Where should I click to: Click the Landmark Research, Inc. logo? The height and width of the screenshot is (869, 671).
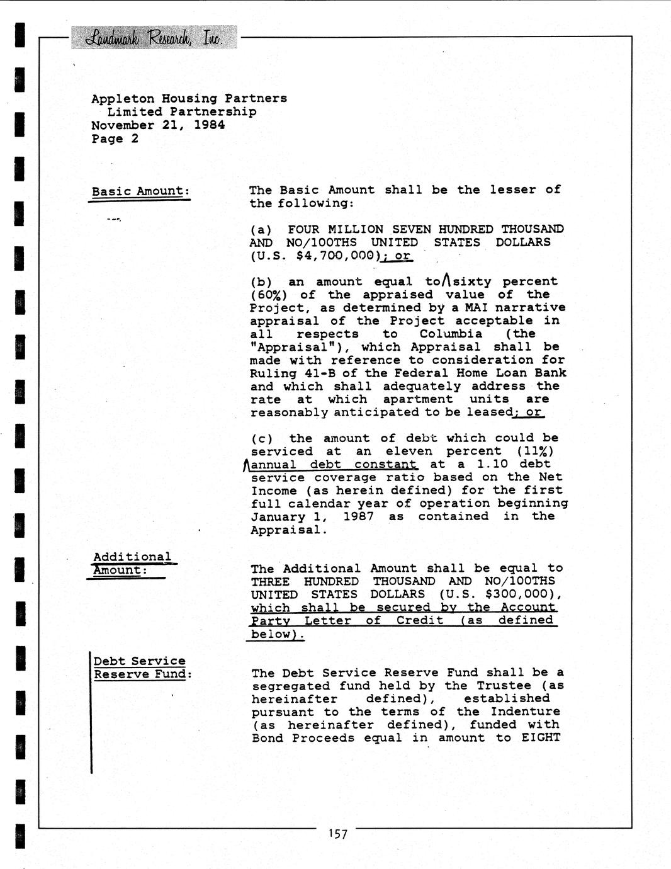(x=154, y=38)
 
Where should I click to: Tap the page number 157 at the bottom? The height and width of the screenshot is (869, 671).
(x=337, y=834)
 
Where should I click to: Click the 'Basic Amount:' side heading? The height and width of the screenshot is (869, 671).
(x=140, y=191)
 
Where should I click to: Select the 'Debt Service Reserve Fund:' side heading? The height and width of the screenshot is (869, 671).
(x=140, y=668)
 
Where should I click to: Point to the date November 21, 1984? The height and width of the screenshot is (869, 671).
(x=158, y=125)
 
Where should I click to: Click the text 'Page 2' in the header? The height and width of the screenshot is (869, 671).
(x=115, y=139)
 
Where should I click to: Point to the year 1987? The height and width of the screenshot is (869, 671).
(x=358, y=516)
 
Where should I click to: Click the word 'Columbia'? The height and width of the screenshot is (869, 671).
(x=451, y=334)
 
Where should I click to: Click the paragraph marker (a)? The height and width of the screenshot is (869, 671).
(x=261, y=229)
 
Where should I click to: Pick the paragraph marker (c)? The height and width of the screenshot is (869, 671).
(x=262, y=438)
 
